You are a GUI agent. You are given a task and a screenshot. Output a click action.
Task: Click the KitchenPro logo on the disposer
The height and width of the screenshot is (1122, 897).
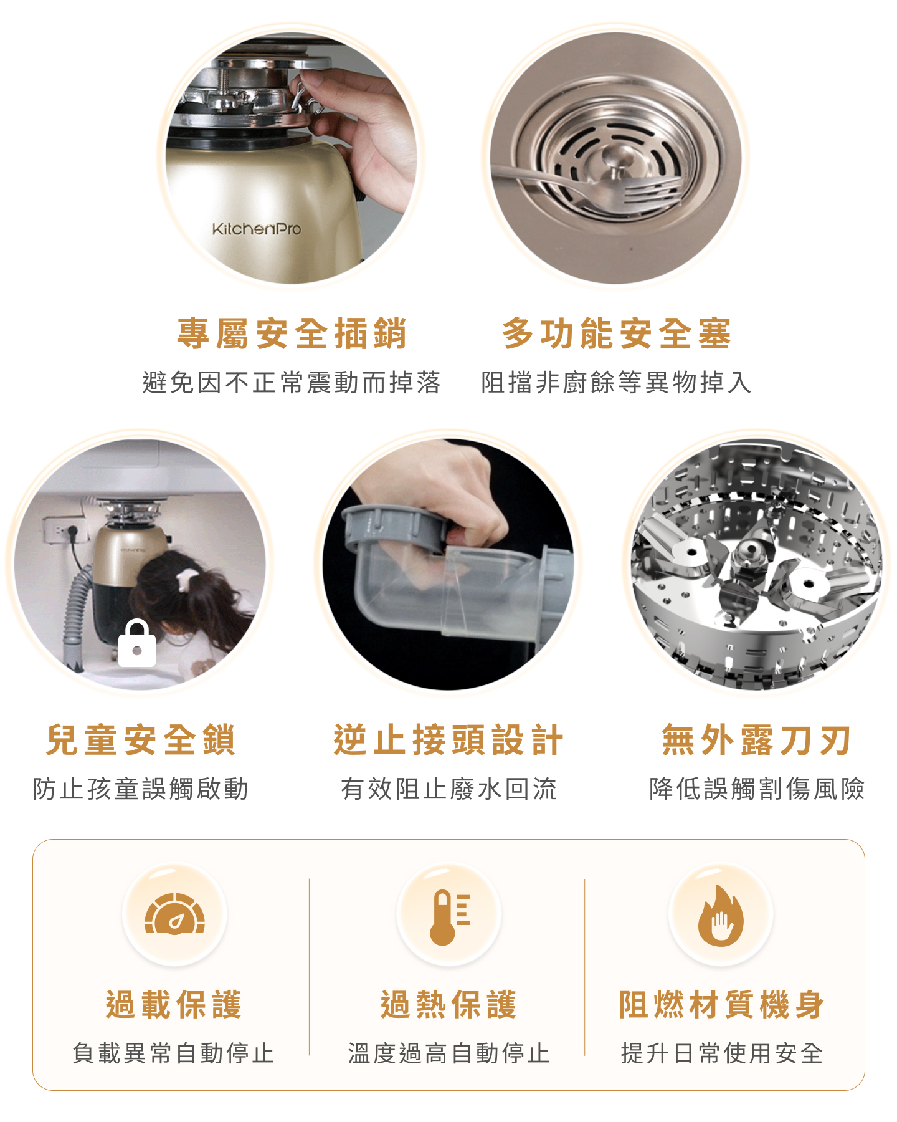coord(256,229)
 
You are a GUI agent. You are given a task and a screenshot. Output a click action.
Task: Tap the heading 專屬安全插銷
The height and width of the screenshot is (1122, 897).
coord(292,333)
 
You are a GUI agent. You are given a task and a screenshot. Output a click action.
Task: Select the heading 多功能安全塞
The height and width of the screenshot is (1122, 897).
coord(617,333)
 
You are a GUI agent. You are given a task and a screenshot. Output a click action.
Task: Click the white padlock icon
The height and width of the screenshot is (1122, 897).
coord(137,643)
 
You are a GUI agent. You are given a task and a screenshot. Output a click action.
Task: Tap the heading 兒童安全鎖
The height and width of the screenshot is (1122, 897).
coord(141,740)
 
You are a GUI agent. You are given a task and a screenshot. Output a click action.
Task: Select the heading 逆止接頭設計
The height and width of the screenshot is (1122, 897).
coord(448,740)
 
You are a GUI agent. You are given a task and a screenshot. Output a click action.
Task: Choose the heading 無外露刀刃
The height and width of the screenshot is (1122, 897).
coord(756,740)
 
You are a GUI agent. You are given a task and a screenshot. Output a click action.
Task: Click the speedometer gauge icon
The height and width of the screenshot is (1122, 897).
coord(175,914)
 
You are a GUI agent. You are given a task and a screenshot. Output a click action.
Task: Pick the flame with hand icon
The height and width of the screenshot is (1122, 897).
coord(721,916)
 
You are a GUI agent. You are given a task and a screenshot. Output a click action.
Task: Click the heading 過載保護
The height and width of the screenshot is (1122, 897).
coord(174,1004)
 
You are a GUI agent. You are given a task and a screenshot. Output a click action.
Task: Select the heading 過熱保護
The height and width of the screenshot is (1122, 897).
coord(448,1004)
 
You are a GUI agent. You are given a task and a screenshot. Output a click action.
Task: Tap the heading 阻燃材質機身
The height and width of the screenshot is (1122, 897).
coord(722,1004)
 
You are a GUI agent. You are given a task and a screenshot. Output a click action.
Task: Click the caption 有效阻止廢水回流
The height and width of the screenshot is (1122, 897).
coord(448,789)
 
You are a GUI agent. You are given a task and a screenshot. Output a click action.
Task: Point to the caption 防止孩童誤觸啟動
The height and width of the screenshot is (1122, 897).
coord(141,789)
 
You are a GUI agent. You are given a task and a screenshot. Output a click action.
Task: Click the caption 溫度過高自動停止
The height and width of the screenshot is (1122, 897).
coord(448,1053)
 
